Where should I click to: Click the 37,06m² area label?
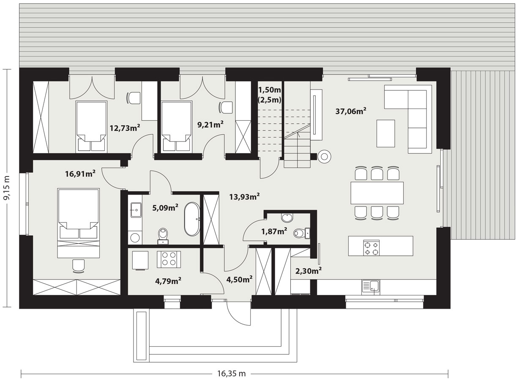pyautogui.click(x=351, y=111)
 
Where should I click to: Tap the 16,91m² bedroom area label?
pyautogui.click(x=80, y=174)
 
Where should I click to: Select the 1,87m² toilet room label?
pyautogui.click(x=274, y=231)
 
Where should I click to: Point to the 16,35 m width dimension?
pyautogui.click(x=231, y=374)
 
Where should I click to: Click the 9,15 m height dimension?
pyautogui.click(x=7, y=188)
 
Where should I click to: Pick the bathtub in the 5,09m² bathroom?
pyautogui.click(x=192, y=219)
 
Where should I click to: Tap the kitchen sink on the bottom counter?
pyautogui.click(x=371, y=288)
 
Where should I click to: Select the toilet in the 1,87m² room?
pyautogui.click(x=301, y=233)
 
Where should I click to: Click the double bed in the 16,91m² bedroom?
pyautogui.click(x=78, y=223)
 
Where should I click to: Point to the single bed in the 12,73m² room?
pyautogui.click(x=91, y=127)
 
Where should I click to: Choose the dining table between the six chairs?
pyautogui.click(x=377, y=193)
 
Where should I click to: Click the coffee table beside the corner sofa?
pyautogui.click(x=385, y=133)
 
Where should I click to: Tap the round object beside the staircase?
pyautogui.click(x=324, y=157)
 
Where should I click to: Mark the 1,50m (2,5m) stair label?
pyautogui.click(x=270, y=95)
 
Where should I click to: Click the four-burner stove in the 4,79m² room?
pyautogui.click(x=169, y=259)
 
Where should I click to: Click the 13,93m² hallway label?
pyautogui.click(x=244, y=197)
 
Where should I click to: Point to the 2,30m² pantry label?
pyautogui.click(x=309, y=271)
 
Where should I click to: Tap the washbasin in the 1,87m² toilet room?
pyautogui.click(x=287, y=217)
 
